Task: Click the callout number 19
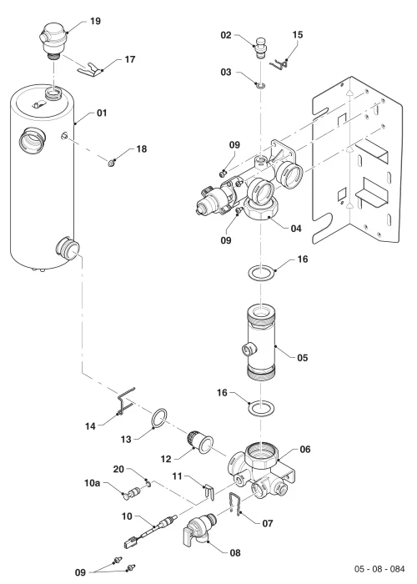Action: click(x=95, y=21)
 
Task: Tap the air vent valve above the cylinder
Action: click(x=53, y=41)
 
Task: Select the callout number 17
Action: click(x=129, y=59)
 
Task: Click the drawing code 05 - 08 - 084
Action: click(x=379, y=569)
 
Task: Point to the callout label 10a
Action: click(x=92, y=483)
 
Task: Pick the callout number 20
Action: click(x=118, y=469)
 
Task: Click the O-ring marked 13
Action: click(x=159, y=419)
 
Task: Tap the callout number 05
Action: click(x=302, y=358)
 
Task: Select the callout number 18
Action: click(x=142, y=149)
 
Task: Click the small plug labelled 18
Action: click(x=111, y=163)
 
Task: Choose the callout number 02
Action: click(x=226, y=35)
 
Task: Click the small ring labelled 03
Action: click(x=261, y=86)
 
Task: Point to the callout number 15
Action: click(x=298, y=35)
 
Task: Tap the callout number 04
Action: click(x=296, y=228)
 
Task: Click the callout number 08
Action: click(x=235, y=552)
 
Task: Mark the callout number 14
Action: click(x=90, y=426)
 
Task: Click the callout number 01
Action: click(x=102, y=113)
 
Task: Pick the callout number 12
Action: click(x=166, y=459)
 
